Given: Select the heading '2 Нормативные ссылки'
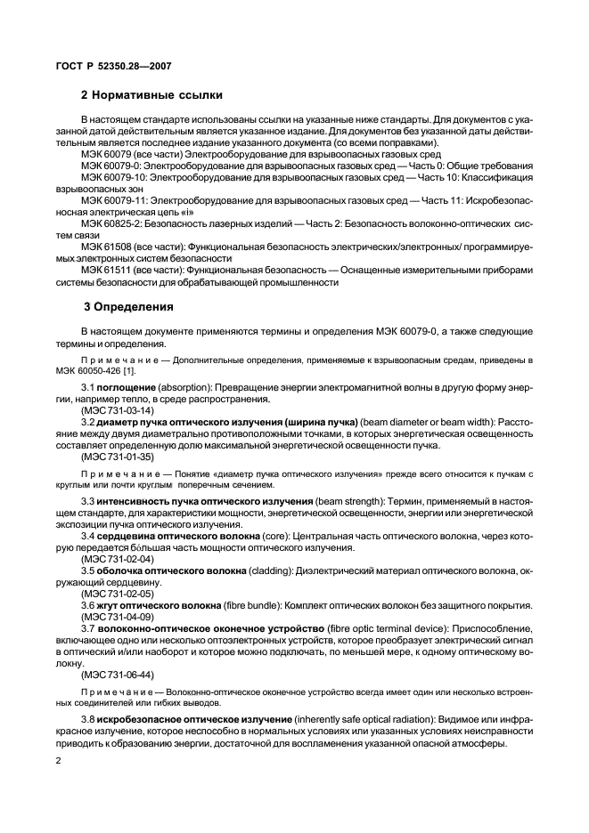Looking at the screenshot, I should tap(151, 95).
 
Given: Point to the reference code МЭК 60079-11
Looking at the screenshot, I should tap(115, 202).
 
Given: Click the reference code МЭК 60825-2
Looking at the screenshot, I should tap(113, 224).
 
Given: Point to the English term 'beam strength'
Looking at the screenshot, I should tap(350, 503).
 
